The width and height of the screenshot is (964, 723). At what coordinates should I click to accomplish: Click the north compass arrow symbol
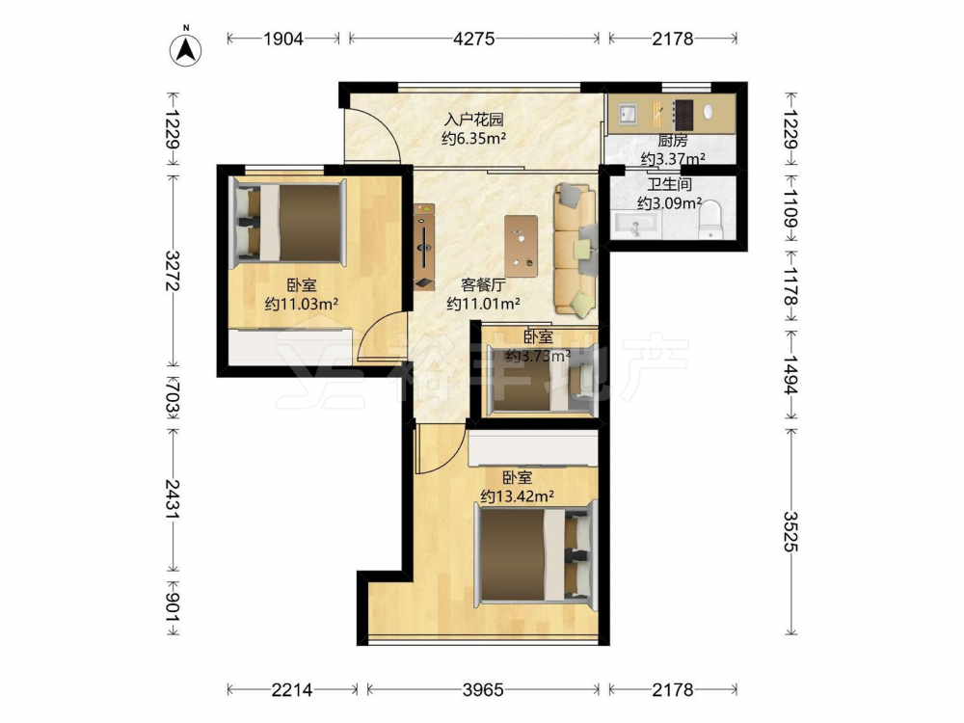click(x=185, y=49)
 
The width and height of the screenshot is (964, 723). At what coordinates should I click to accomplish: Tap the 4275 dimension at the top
click(x=473, y=39)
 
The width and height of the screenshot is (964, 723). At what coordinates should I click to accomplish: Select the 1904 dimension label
click(x=283, y=39)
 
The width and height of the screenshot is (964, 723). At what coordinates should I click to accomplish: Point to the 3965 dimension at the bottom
click(x=483, y=690)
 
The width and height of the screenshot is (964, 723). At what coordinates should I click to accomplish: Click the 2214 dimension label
click(x=292, y=690)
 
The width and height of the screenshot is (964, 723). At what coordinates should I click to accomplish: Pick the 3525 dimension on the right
click(x=790, y=532)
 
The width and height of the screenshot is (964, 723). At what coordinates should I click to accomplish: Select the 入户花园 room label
click(x=473, y=120)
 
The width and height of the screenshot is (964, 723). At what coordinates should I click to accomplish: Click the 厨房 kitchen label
click(x=673, y=141)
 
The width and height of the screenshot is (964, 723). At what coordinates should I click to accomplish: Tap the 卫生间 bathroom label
click(x=669, y=184)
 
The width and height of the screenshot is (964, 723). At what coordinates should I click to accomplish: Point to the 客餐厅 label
click(x=483, y=284)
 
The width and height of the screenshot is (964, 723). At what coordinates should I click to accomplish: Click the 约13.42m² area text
click(x=517, y=495)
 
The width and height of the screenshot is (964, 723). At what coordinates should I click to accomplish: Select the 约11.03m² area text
click(x=301, y=304)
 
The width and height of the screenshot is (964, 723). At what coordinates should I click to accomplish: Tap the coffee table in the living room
click(x=521, y=246)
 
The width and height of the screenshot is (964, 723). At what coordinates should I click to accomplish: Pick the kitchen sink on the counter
click(x=628, y=115)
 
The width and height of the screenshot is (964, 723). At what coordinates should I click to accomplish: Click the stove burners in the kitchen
click(x=683, y=115)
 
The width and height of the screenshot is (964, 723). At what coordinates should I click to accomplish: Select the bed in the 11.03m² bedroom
click(x=287, y=224)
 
